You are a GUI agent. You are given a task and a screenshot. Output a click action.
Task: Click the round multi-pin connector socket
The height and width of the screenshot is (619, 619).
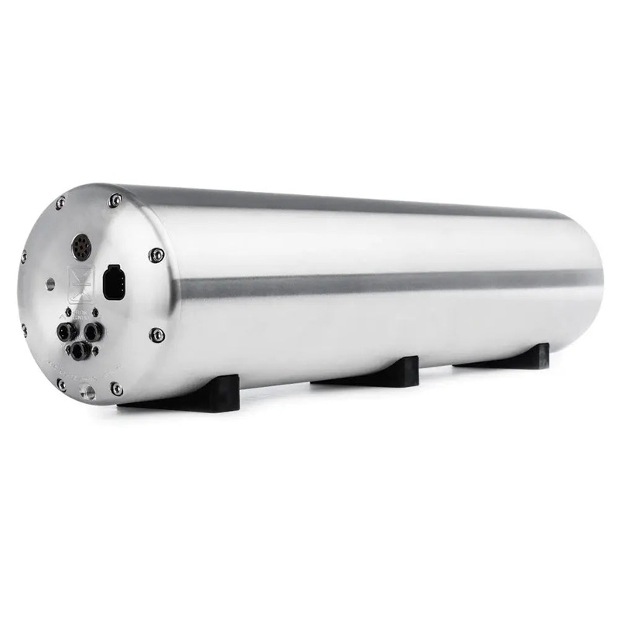pos(80,248)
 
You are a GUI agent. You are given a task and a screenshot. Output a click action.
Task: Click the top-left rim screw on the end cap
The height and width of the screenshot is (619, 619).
pos(59,203)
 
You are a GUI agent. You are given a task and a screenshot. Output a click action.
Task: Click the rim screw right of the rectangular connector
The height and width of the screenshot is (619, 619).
pos(156,254)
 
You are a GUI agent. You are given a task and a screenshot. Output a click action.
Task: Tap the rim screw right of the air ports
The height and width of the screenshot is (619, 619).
pos(157,334)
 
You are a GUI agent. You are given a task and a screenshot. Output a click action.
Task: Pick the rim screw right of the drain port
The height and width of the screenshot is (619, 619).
pos(117,389)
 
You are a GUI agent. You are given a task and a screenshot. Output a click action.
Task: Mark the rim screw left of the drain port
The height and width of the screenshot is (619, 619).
pos(61,385)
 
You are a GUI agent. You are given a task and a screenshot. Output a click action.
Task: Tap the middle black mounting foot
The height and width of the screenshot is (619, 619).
pos(372,373)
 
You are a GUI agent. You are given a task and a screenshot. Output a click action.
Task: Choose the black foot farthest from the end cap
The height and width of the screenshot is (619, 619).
pos(511,357)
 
